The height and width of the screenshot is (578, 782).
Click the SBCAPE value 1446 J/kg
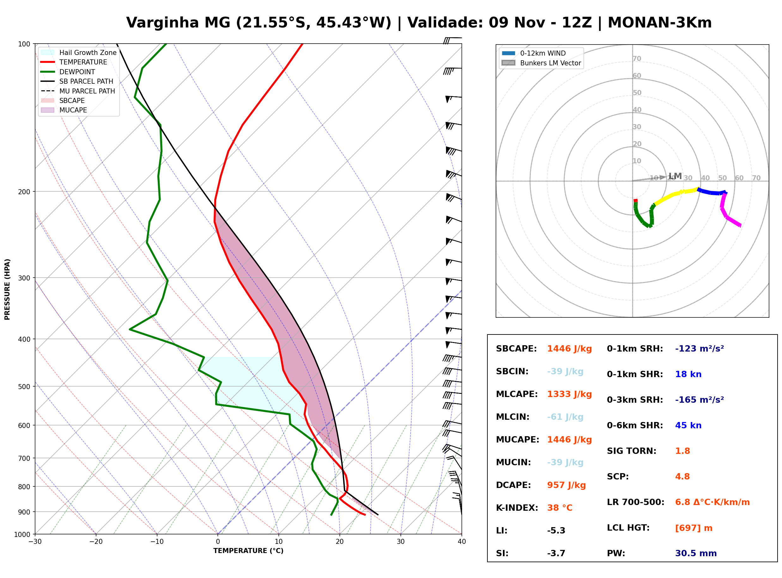coord(569,349)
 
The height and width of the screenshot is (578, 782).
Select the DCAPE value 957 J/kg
coord(566,485)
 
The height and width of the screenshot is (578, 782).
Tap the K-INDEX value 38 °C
coord(560,508)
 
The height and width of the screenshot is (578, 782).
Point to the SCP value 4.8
coord(682,477)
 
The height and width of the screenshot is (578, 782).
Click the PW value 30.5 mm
coord(696,553)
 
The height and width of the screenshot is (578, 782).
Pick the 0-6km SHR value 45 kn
coord(688,425)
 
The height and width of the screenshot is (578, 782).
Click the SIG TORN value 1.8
coord(682,451)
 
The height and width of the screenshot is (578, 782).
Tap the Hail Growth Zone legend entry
coord(79,52)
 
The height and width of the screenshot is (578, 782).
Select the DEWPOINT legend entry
coord(68,72)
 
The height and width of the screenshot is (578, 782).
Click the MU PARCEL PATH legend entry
coord(78,91)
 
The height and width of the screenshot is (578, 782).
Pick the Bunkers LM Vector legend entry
coord(541,63)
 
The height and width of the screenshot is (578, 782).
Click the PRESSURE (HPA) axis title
coord(7,289)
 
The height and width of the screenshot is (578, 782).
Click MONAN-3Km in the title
coord(659,23)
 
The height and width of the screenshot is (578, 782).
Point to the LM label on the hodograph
coord(675,176)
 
